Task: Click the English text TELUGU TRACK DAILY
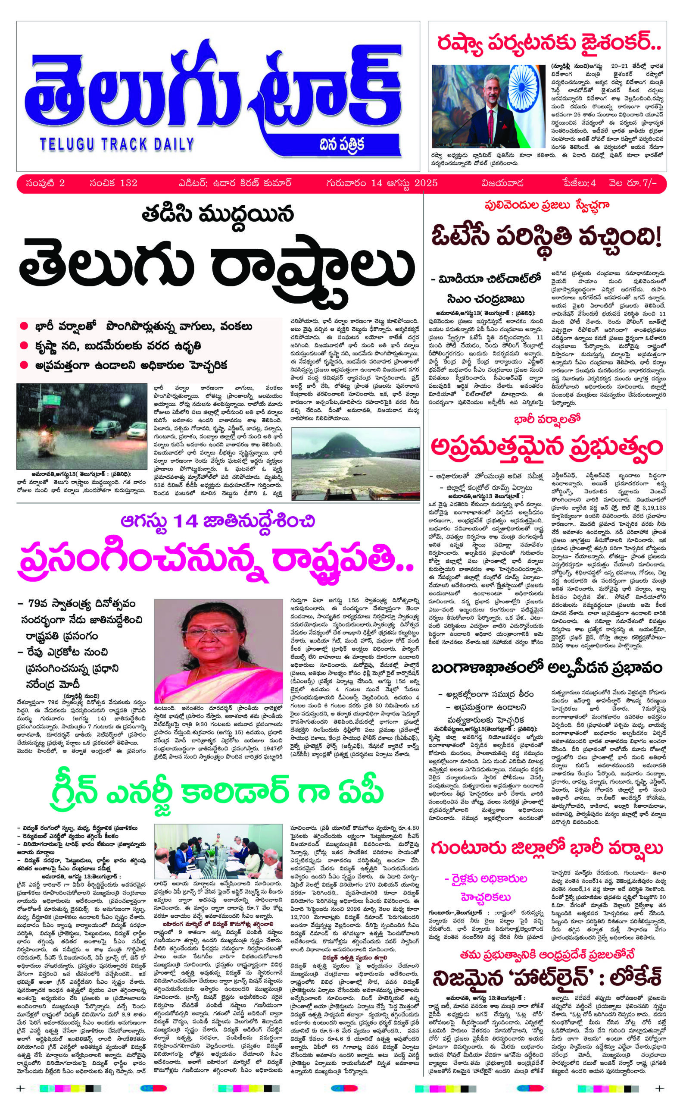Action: pos(116,144)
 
